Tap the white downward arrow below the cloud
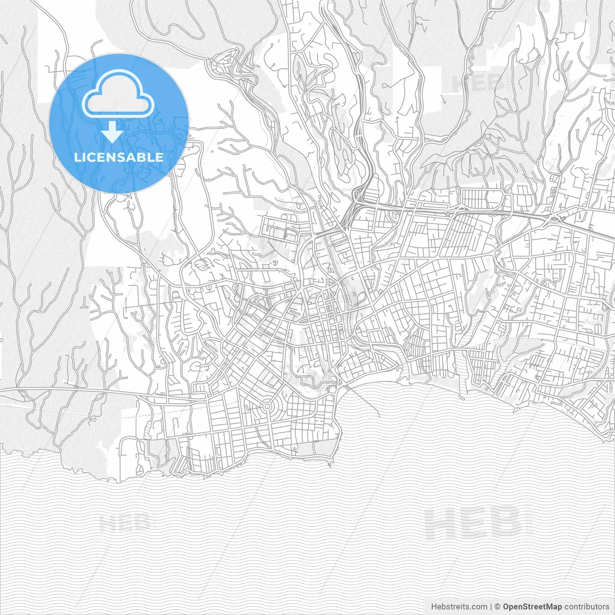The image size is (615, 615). (112, 132)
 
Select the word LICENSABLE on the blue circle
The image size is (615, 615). (119, 157)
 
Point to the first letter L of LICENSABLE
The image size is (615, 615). (77, 157)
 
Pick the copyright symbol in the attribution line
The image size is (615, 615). (498, 607)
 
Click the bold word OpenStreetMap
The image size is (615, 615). (532, 607)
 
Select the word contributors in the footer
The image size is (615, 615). (586, 607)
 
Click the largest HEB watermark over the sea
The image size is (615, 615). (473, 523)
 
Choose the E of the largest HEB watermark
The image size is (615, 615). (474, 523)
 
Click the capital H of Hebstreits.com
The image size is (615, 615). (434, 607)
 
